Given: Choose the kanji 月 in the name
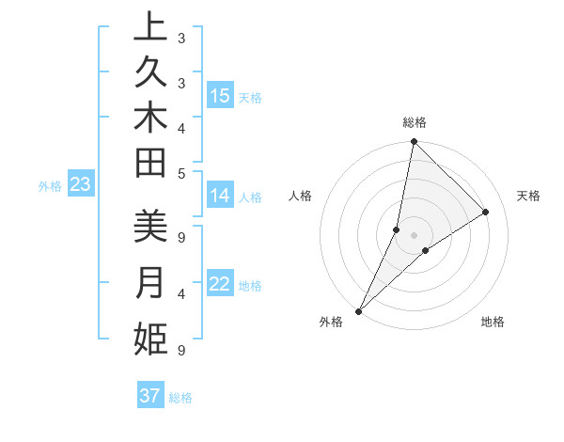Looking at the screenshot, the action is click(150, 283).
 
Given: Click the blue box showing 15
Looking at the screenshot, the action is click(220, 96).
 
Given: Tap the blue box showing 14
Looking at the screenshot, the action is click(220, 197).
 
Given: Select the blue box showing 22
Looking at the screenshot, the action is click(220, 285).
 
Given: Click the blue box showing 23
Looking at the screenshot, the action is click(81, 185).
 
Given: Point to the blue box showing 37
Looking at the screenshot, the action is click(150, 396).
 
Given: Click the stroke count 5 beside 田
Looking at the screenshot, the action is click(181, 173).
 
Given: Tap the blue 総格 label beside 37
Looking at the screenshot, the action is click(180, 398).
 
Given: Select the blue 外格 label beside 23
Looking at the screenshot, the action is click(50, 186).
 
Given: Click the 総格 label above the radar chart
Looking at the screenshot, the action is click(415, 122).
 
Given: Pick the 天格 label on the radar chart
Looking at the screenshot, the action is click(528, 196).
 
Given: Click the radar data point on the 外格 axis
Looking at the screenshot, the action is click(359, 310).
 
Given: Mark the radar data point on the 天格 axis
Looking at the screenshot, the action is click(486, 212).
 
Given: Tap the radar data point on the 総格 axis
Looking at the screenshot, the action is click(414, 142).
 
